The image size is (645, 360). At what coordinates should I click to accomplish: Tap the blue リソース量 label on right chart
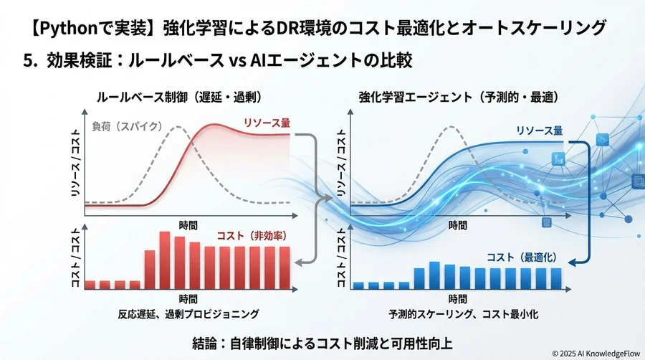(x=539, y=131)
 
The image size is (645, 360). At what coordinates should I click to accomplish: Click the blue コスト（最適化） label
(x=522, y=257)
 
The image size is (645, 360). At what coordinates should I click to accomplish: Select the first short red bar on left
(x=91, y=284)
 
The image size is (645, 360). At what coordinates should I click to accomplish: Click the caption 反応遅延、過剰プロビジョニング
(x=188, y=314)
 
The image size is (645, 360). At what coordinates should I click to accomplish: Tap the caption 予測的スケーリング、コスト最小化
(x=459, y=314)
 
